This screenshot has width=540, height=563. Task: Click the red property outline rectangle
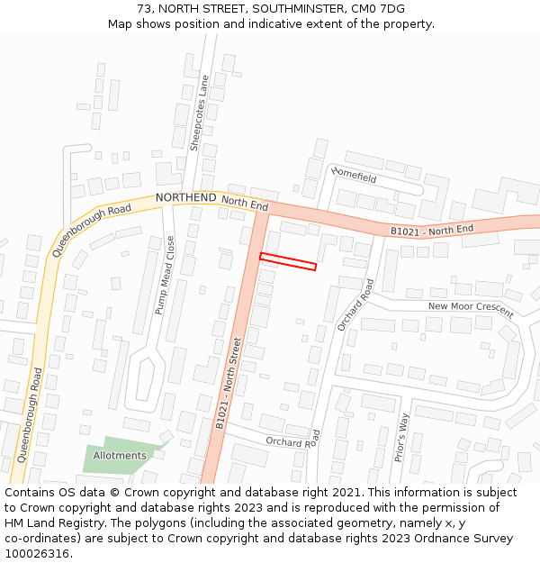pyautogui.click(x=288, y=261)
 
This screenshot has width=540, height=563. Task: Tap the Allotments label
pyautogui.click(x=120, y=456)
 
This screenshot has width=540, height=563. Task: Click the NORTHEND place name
pyautogui.click(x=185, y=197)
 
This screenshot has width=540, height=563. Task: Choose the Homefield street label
pyautogui.click(x=354, y=174)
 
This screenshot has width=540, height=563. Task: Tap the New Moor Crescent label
pyautogui.click(x=470, y=310)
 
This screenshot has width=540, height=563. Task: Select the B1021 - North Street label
pyautogui.click(x=228, y=382)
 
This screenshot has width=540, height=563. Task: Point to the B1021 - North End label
pyautogui.click(x=431, y=231)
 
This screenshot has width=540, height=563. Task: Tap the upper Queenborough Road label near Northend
pyautogui.click(x=91, y=230)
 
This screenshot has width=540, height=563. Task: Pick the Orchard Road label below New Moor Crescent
pyautogui.click(x=355, y=304)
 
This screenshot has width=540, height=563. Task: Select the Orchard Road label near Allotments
pyautogui.click(x=292, y=440)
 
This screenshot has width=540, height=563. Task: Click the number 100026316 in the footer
pyautogui.click(x=38, y=554)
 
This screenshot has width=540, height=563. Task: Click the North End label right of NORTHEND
pyautogui.click(x=245, y=204)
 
